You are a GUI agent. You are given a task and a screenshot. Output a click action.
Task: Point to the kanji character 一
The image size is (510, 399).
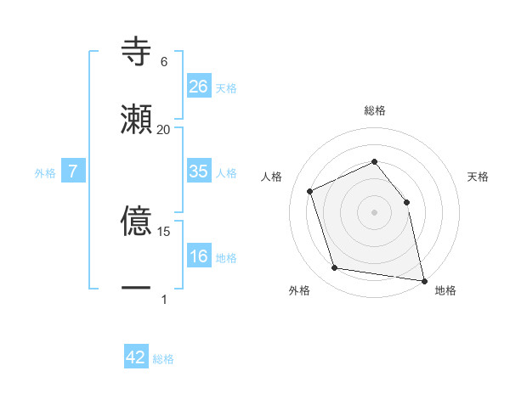coord(136,289)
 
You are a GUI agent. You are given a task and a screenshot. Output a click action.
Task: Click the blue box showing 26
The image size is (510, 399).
coord(199,87)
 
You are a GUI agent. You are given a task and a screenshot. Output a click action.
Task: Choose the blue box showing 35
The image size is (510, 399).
coord(199,171)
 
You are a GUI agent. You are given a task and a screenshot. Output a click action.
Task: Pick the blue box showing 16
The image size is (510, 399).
coord(199,256)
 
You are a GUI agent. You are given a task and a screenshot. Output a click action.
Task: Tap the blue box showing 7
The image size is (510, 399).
coord(73,171)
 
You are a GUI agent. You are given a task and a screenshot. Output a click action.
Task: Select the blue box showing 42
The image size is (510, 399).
coord(136,357)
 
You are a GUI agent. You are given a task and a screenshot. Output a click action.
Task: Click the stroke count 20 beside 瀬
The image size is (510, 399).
coord(163,130)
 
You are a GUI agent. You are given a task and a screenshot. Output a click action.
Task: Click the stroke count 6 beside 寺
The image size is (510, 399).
coord(163,62)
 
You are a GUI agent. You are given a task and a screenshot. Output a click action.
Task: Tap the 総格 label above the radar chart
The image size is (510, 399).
coord(375,110)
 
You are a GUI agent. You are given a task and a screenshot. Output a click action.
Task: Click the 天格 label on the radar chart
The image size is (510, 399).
coord(479,177)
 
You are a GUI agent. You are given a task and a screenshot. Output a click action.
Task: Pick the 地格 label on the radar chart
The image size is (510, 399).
coord(445,290)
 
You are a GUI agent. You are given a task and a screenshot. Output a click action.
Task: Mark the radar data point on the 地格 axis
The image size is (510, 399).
coord(422,279)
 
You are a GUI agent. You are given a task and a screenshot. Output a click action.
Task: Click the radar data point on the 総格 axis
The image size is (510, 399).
coord(375,161)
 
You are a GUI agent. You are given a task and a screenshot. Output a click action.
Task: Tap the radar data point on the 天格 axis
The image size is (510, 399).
coord(406,202)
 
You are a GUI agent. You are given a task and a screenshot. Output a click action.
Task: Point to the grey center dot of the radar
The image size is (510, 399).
coord(375,212)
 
